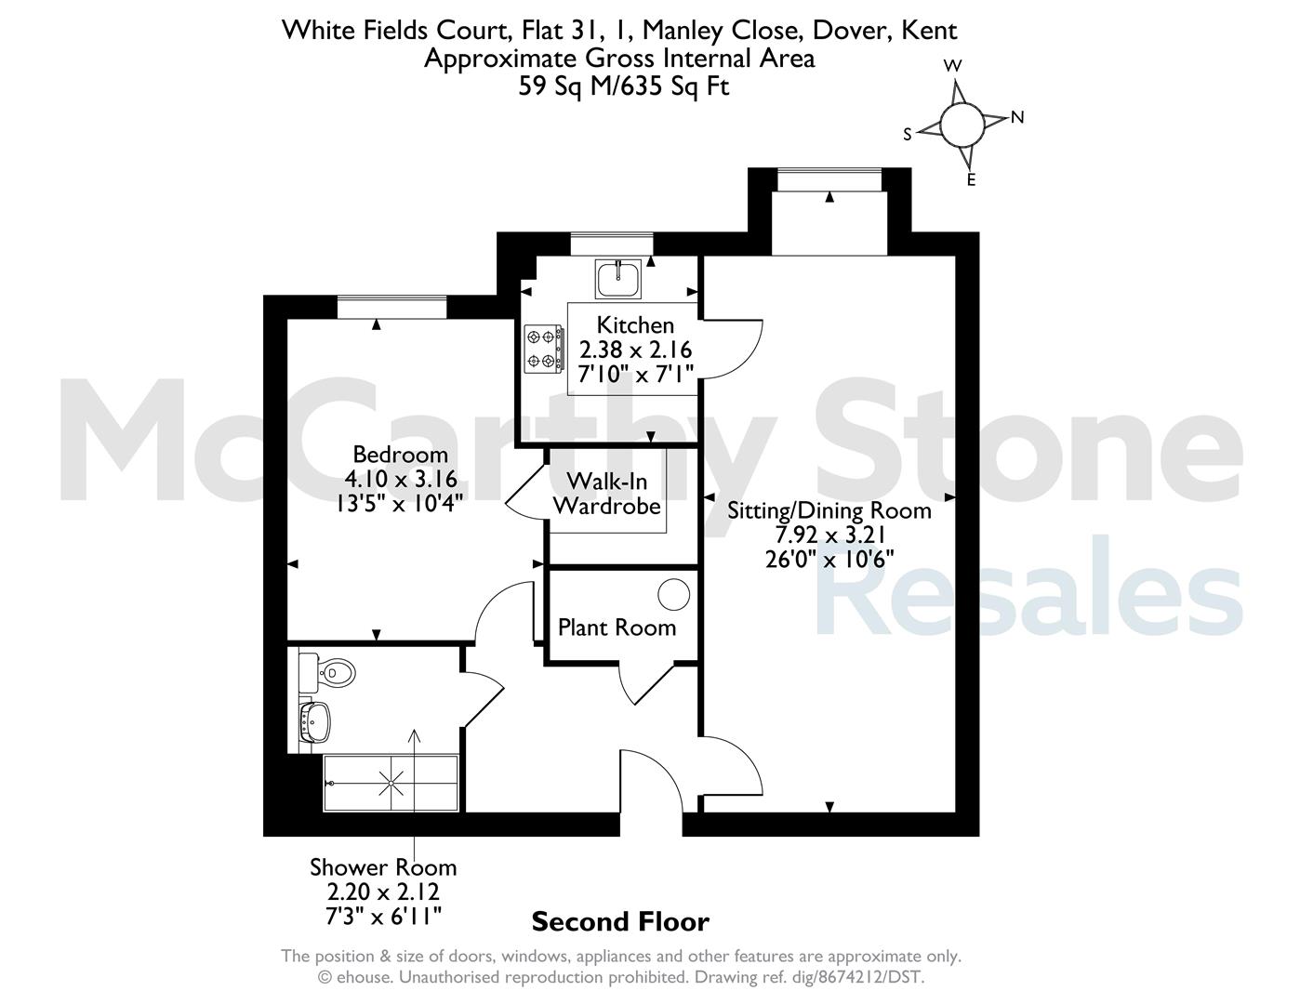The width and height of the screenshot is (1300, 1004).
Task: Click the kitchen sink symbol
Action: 618,278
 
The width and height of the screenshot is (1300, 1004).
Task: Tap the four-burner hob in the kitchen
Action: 544,349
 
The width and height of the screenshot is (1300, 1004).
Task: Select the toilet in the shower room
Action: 328,673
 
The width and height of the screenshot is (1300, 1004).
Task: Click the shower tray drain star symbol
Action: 391,783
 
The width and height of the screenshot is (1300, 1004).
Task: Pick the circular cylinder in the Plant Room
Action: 673,594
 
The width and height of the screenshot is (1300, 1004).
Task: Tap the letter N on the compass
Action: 1017,117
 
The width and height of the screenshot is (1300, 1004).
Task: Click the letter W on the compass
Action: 952,66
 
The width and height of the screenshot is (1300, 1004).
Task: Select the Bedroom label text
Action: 400,455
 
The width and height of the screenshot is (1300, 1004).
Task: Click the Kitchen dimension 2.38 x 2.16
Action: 635,350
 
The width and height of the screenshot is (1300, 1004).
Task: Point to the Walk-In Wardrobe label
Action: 606,494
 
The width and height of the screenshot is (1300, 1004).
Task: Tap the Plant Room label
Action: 617,627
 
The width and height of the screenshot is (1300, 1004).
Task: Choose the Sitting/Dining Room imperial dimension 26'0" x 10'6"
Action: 829,560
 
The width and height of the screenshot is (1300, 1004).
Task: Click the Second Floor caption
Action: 620,921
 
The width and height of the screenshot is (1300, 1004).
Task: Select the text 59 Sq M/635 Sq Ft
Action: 623,86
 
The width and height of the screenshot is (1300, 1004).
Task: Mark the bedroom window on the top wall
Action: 391,307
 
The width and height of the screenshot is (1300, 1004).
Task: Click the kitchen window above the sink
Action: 612,244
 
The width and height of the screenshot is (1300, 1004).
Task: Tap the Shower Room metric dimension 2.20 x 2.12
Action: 383,892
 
